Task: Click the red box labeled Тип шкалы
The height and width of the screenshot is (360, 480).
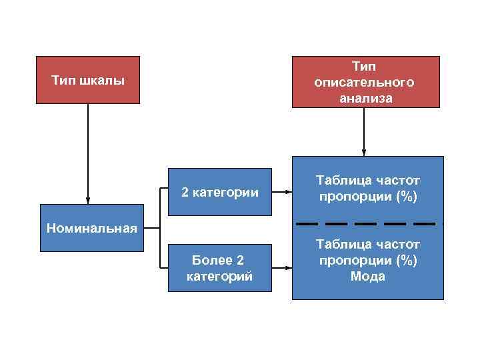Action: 87,80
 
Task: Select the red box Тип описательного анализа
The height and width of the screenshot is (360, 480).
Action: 365,82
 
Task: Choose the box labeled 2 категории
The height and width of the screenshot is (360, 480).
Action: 220,193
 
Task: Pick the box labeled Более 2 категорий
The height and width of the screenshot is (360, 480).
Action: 220,267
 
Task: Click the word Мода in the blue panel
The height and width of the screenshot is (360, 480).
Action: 367,276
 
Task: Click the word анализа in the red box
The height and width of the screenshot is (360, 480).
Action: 365,98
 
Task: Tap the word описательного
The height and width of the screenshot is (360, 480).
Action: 365,82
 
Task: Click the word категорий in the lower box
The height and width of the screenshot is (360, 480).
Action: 220,275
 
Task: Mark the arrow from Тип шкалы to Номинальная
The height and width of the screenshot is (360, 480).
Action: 87,153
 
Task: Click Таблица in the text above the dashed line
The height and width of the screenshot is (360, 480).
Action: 339,181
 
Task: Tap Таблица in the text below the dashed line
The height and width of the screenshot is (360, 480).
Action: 339,244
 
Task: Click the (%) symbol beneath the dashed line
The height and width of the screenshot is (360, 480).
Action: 405,260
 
